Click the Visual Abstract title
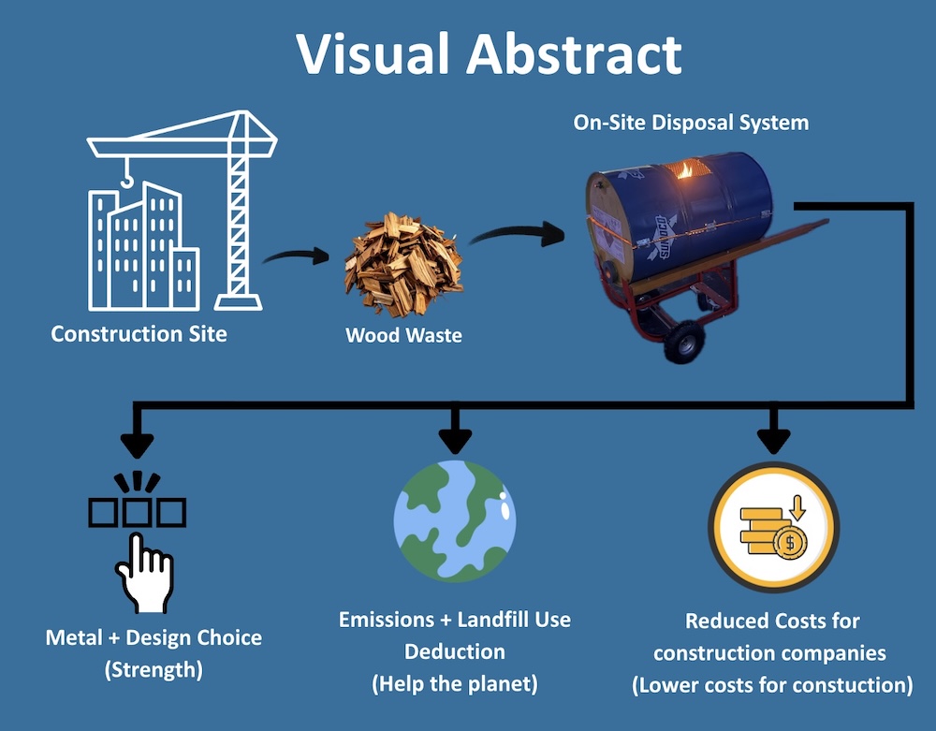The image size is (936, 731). (x=489, y=54)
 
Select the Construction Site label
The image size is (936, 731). (x=139, y=333)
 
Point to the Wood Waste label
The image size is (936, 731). (x=404, y=334)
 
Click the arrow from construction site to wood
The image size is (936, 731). (x=298, y=256)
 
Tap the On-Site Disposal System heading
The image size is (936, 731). (x=691, y=123)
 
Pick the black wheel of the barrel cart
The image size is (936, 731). (x=681, y=343)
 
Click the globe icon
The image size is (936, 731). (x=455, y=520)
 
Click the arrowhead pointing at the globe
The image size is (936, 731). (x=455, y=436)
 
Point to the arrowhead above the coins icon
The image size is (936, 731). (x=773, y=436)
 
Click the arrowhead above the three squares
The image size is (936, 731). (x=139, y=436)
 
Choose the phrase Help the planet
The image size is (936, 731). (x=455, y=683)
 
